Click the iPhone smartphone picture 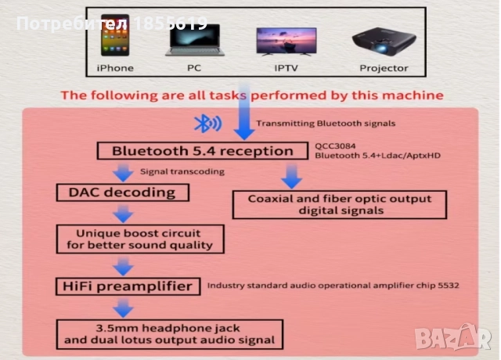pyautogui.click(x=114, y=38)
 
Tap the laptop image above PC pyautogui.click(x=193, y=41)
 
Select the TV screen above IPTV pyautogui.click(x=286, y=40)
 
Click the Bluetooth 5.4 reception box pyautogui.click(x=203, y=151)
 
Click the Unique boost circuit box pyautogui.click(x=139, y=239)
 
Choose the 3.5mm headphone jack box pyautogui.click(x=169, y=333)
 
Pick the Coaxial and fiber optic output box pyautogui.click(x=340, y=204)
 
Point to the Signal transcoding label pyautogui.click(x=182, y=171)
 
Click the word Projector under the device pyautogui.click(x=384, y=68)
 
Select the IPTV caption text pyautogui.click(x=286, y=68)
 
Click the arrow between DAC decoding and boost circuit pyautogui.click(x=122, y=212)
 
